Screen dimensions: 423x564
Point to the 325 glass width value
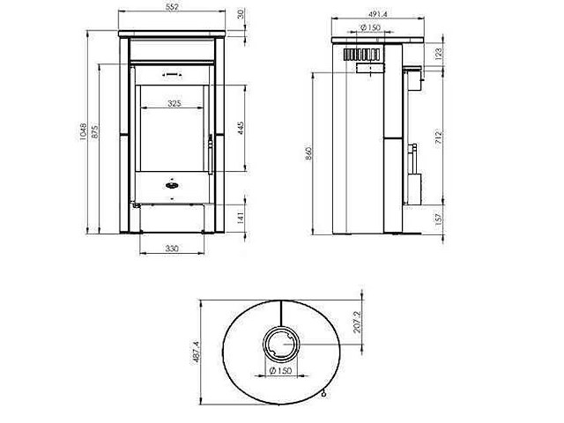(x=173, y=103)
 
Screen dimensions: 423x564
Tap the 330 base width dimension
(x=172, y=249)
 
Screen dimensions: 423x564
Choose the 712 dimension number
(x=438, y=135)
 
